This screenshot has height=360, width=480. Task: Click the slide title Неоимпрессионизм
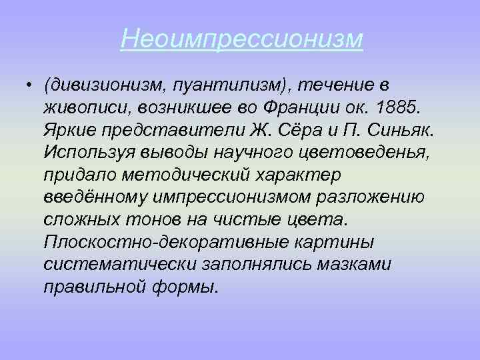(x=242, y=39)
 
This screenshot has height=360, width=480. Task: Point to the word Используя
(x=91, y=151)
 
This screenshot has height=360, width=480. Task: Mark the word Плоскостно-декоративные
(x=153, y=242)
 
